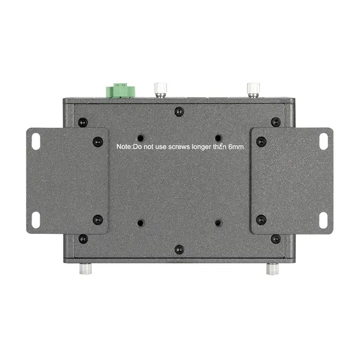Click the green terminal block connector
click(120, 90)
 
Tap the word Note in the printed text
click(124, 146)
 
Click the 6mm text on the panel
click(236, 147)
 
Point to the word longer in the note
click(201, 147)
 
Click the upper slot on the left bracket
click(36, 142)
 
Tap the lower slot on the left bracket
click(36, 220)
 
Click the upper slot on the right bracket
click(324, 142)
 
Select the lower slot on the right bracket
click(323, 220)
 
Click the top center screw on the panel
click(179, 112)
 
